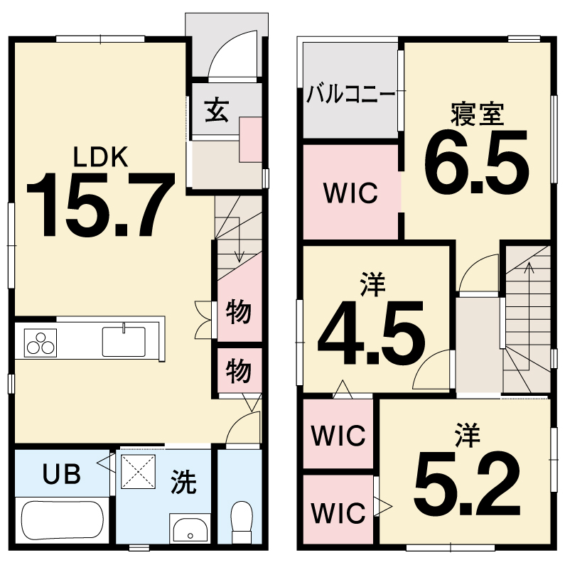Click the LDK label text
coord(100,157)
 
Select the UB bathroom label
coord(62,473)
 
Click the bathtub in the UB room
coord(62,520)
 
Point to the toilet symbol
coord(242,522)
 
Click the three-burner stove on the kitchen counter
coord(41,343)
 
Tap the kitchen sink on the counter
coord(124,341)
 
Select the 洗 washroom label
coord(183,482)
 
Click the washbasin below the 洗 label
coord(190,528)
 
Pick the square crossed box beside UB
coord(138,472)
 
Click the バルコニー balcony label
coord(350,95)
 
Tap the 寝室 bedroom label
coord(477,114)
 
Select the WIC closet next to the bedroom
coord(350,193)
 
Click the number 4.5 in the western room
coord(371,333)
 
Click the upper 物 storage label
coord(238,312)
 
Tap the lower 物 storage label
coord(238,371)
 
